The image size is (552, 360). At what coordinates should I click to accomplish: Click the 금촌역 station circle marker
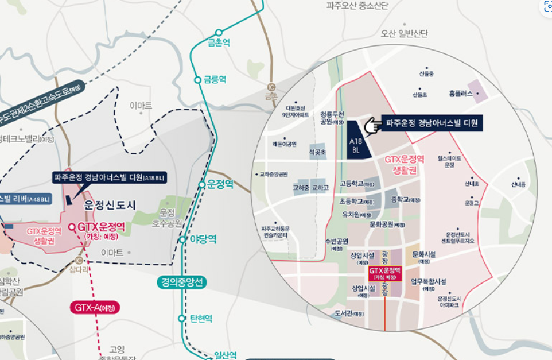point(219,33)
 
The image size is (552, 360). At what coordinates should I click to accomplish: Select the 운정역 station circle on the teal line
point(202,184)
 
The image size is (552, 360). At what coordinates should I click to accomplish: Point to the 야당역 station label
point(204,239)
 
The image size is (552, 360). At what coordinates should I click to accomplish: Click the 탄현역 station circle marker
point(182,318)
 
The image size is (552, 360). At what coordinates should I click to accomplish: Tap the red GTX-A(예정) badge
point(95,308)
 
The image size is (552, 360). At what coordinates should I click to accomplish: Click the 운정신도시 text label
point(110,205)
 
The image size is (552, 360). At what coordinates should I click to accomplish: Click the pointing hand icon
point(373,124)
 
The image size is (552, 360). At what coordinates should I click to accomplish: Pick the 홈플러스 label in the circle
point(461,93)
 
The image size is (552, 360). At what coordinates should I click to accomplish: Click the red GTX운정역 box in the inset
point(384,273)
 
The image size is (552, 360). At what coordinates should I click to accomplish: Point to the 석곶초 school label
point(317,152)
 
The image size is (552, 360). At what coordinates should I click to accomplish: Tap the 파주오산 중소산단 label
point(357,6)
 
